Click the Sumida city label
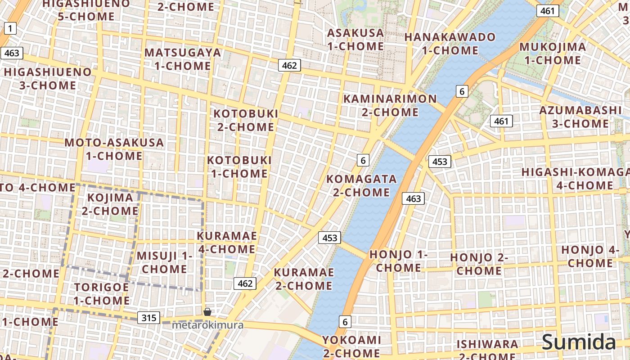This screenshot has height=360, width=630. click(579, 342)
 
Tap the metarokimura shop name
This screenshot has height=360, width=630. click(207, 325)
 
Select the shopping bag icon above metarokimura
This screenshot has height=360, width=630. click(207, 312)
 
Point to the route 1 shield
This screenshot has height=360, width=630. click(10, 29)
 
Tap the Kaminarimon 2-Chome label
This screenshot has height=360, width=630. click(390, 105)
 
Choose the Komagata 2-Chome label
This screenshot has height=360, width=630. click(361, 185)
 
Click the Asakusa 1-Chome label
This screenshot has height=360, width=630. click(355, 40)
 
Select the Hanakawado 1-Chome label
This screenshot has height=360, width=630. click(450, 44)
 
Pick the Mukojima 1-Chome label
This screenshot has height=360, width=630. click(553, 54)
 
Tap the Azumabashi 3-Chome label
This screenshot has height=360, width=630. click(574, 117)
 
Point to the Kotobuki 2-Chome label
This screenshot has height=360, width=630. click(246, 120)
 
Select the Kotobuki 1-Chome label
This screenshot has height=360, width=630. click(239, 166)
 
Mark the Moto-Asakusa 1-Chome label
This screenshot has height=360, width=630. click(114, 149)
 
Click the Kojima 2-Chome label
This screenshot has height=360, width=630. click(110, 204)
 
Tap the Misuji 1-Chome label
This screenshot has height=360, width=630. click(164, 262)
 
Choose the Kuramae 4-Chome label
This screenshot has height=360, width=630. click(226, 243)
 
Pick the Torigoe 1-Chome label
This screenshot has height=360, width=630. click(102, 294)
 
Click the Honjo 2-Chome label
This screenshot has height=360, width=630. click(479, 264)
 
